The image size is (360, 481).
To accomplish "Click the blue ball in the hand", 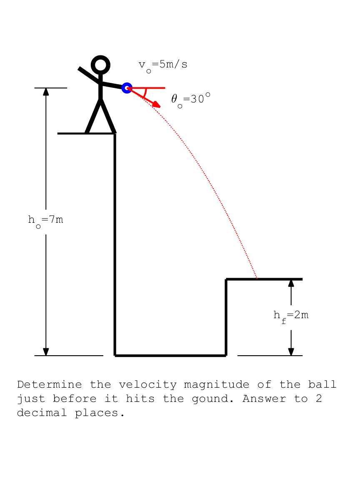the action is (x=127, y=88).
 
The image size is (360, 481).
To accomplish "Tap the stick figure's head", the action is (x=100, y=65).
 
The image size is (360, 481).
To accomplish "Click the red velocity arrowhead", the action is (x=157, y=104).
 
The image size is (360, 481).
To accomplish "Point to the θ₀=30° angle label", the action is (x=191, y=100).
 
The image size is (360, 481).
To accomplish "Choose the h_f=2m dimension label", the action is (x=291, y=317).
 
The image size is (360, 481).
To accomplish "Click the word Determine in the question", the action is (x=50, y=384).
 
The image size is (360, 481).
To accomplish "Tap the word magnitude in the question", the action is (x=216, y=385).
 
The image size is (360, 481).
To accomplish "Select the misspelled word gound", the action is (x=213, y=399).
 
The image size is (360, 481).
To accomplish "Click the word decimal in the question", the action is (x=42, y=413).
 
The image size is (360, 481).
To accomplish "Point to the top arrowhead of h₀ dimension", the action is (x=46, y=92).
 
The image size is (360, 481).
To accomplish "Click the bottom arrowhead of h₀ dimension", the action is (x=46, y=351).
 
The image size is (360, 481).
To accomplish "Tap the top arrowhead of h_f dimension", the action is (x=291, y=283).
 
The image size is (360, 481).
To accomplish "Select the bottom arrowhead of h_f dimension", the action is (x=291, y=351).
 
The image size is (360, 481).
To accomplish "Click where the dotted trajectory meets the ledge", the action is (x=257, y=279).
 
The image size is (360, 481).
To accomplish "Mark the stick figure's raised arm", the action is (x=89, y=75).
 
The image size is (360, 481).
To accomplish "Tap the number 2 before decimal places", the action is (x=319, y=399).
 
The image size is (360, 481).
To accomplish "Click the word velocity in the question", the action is (x=147, y=385).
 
